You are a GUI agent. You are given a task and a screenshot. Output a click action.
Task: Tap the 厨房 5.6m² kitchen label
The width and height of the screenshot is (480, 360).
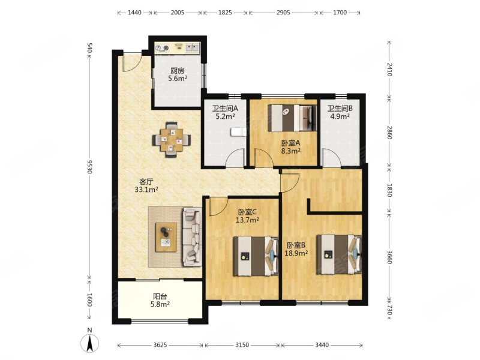178,74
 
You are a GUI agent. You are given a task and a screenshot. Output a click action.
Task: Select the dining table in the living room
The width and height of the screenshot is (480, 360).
172,140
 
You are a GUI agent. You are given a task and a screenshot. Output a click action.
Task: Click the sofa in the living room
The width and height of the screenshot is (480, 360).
192,236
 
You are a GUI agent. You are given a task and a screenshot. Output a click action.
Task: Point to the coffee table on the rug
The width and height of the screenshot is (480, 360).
166,237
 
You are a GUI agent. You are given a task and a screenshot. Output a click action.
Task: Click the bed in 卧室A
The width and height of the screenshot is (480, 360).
292,118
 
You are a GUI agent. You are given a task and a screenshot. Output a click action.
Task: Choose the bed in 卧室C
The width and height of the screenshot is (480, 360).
256,256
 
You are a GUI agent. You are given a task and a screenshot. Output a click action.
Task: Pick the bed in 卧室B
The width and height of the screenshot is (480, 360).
339,254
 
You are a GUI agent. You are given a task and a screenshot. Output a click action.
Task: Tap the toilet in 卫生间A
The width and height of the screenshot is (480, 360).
239,132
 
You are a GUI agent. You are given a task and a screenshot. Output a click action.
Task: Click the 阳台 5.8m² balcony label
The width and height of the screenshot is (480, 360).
160,300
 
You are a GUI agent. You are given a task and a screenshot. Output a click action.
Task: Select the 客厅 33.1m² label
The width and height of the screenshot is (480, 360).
146,185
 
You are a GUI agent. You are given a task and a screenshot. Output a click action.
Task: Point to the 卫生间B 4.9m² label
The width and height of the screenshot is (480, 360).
340,112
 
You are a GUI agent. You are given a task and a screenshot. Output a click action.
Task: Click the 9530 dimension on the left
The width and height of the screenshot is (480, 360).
89,167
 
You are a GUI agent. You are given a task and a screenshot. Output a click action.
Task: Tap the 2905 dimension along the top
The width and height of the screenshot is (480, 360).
283,13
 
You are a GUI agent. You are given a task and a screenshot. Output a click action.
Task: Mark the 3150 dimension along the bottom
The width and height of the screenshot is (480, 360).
242,345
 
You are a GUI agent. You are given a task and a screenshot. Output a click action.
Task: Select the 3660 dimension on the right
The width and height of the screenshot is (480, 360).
389,257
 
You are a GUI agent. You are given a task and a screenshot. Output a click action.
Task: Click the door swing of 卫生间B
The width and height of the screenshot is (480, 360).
332,158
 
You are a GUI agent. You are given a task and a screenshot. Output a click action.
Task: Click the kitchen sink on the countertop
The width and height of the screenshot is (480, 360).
193,47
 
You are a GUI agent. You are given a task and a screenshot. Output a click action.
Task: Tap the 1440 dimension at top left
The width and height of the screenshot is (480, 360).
134,13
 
